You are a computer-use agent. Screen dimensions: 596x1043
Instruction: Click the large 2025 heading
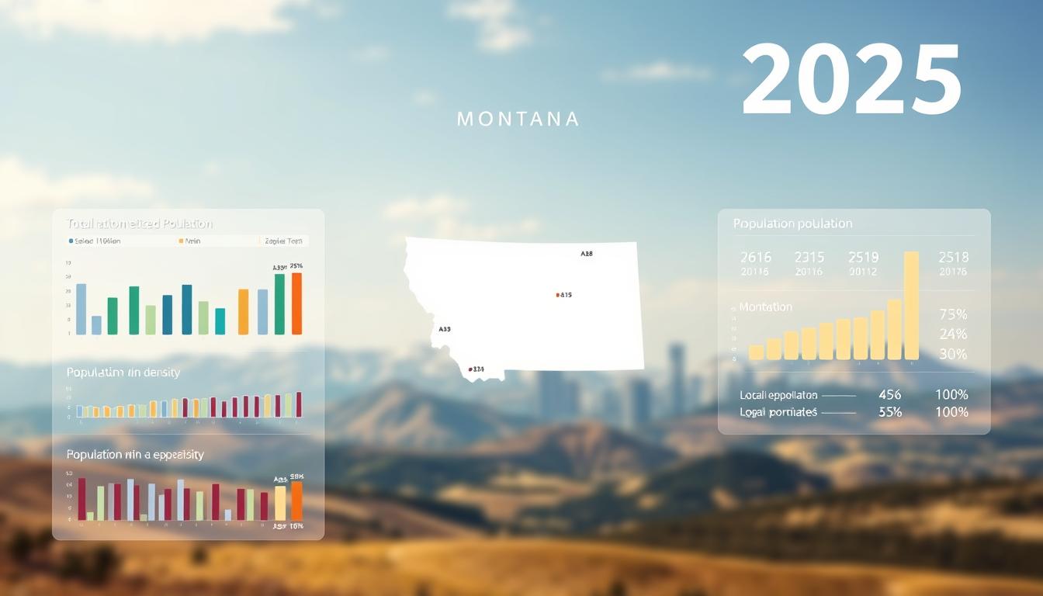[851, 80]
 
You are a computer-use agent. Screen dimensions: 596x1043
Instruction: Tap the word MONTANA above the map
[518, 120]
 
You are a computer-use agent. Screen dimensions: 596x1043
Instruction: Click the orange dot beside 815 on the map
[557, 295]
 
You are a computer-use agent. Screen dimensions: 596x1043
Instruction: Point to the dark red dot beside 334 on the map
[470, 369]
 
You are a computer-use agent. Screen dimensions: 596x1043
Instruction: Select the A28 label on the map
[587, 254]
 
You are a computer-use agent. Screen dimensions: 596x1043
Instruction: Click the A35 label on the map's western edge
[444, 329]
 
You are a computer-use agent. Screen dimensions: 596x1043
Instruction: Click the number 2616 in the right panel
[755, 257]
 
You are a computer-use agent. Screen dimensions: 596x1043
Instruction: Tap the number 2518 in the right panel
[953, 257]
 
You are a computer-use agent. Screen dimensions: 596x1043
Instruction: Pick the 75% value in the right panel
[953, 314]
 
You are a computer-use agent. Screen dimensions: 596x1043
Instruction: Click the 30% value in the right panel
[953, 354]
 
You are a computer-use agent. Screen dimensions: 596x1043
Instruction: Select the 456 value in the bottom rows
[889, 395]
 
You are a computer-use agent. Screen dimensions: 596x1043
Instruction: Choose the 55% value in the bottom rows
[889, 412]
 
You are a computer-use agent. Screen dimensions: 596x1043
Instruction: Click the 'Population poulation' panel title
[792, 223]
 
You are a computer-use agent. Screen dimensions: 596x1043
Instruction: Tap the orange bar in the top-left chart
[296, 303]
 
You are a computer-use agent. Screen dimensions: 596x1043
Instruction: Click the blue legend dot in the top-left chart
[71, 241]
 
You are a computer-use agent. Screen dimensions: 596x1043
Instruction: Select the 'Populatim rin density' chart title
[123, 372]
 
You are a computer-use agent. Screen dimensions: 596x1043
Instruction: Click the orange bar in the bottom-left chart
[296, 501]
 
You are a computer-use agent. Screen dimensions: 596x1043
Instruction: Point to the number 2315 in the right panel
[809, 257]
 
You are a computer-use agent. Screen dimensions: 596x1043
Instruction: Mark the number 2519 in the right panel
[863, 257]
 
